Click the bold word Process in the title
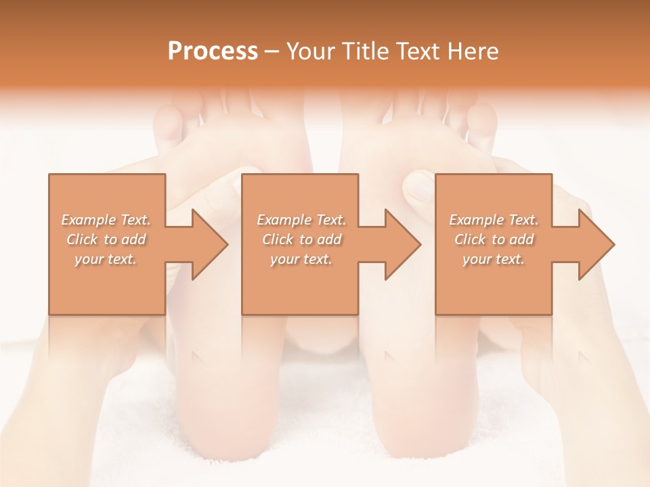[x=213, y=51]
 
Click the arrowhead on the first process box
[x=210, y=244]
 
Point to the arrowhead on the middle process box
[x=403, y=244]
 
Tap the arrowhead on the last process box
[x=597, y=244]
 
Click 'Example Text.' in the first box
[x=106, y=220]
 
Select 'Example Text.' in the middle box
[x=301, y=220]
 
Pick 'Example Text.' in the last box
[x=494, y=220]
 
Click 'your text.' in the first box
[x=106, y=259]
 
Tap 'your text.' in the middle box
[x=301, y=259]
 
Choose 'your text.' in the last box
[x=494, y=259]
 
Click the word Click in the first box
[x=83, y=239]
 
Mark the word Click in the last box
[x=471, y=239]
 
